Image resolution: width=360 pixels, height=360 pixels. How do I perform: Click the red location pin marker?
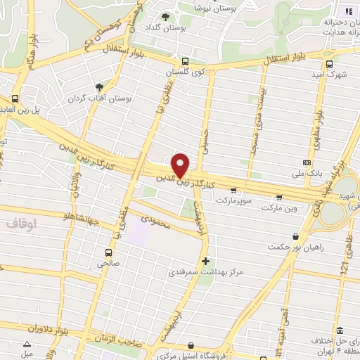pos(181,165)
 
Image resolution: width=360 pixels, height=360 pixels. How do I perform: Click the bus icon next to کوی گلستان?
pos(184,61)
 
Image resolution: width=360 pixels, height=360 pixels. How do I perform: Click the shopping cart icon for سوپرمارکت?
pos(233,191)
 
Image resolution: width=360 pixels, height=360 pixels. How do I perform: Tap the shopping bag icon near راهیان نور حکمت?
pos(295,237)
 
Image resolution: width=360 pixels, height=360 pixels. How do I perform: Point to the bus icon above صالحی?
pos(108,252)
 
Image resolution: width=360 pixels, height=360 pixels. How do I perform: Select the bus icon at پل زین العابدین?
pos(15,98)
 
